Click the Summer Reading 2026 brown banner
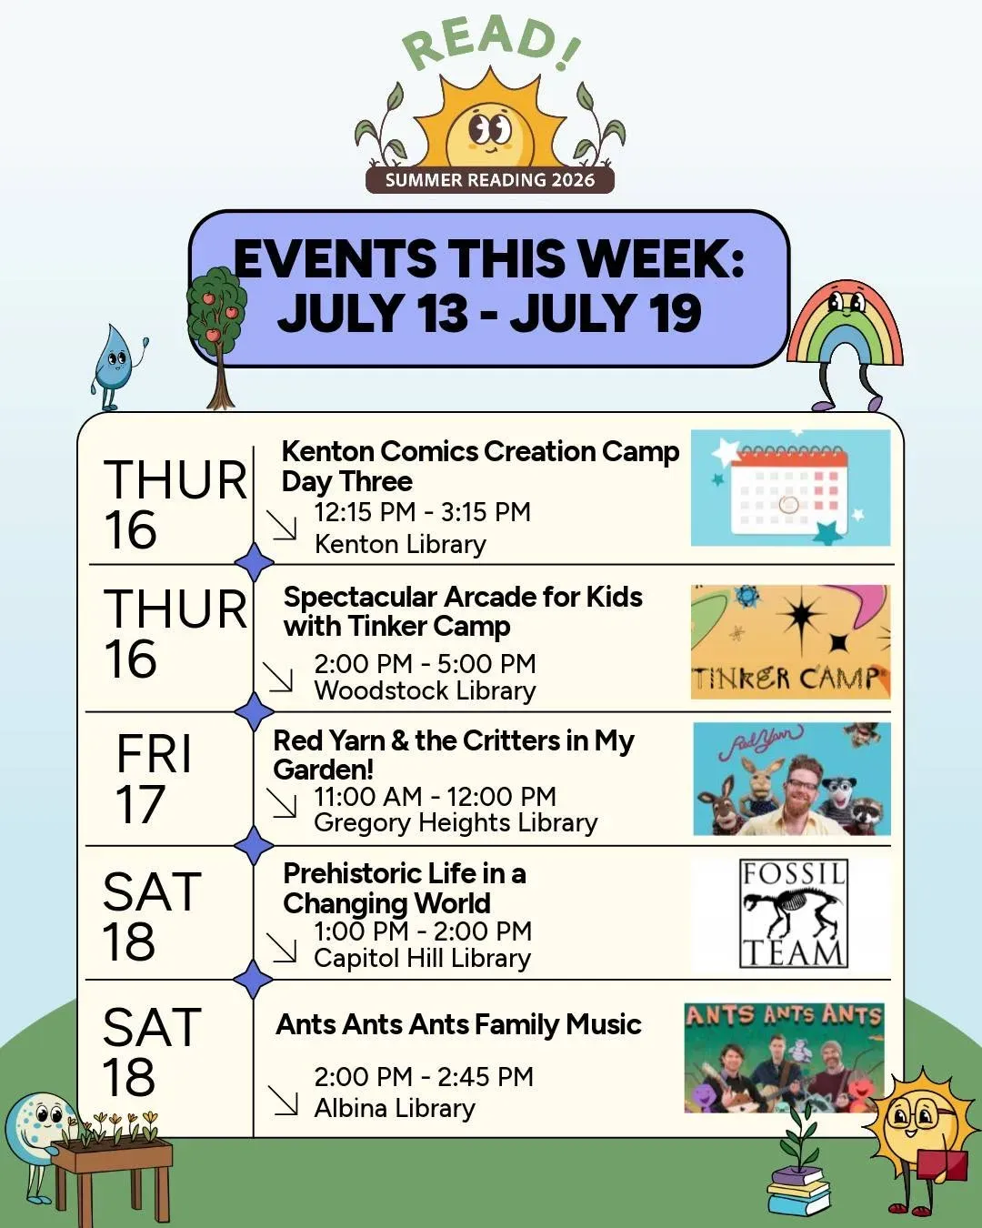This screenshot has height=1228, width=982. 489,180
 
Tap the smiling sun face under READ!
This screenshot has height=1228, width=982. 489,131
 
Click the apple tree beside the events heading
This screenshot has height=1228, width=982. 217,337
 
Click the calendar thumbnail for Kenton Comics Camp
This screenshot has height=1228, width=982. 790,488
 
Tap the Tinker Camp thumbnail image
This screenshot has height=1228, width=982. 790,642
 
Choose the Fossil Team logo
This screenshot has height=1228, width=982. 793,913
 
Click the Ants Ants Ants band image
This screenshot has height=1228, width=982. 784,1058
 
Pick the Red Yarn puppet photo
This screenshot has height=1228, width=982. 792,779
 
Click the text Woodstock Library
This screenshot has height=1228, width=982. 426,690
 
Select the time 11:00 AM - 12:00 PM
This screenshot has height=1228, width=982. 435,797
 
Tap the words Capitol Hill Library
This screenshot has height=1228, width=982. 422,958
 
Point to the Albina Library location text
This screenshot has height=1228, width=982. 395,1108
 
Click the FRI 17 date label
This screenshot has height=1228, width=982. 153,779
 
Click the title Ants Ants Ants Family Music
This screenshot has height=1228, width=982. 459,1024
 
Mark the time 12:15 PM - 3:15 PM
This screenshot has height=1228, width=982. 422,512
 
